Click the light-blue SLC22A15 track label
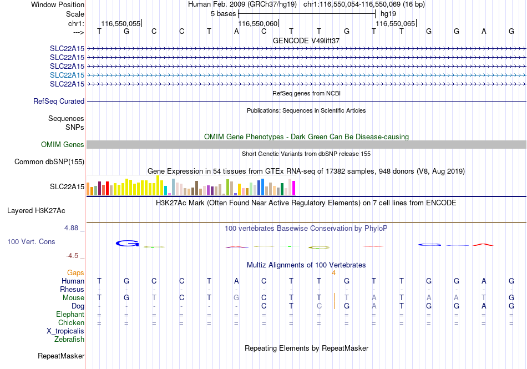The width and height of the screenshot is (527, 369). point(67,75)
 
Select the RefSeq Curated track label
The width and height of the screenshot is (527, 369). point(59,101)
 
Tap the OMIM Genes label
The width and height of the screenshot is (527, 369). point(63,144)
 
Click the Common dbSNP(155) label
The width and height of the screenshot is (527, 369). point(49,161)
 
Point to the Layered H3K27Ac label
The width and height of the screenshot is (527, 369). point(36,211)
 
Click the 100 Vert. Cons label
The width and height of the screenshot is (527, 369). point(31,241)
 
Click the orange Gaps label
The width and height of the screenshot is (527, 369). point(75,272)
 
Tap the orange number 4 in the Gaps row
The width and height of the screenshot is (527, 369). point(333,273)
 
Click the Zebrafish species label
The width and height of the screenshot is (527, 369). point(69,339)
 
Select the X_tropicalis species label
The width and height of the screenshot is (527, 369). point(65,331)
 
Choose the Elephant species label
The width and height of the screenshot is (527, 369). point(70,314)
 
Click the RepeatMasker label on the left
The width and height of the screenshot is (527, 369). point(61,356)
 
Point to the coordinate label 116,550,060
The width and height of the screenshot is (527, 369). point(258,23)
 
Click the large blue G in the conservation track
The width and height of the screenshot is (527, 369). point(128,243)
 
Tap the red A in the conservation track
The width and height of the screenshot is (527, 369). point(483,245)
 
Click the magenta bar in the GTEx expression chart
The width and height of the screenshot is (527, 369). point(294,188)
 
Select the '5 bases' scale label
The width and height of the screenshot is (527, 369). point(223,14)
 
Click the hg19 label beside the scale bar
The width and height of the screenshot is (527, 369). point(388,14)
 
